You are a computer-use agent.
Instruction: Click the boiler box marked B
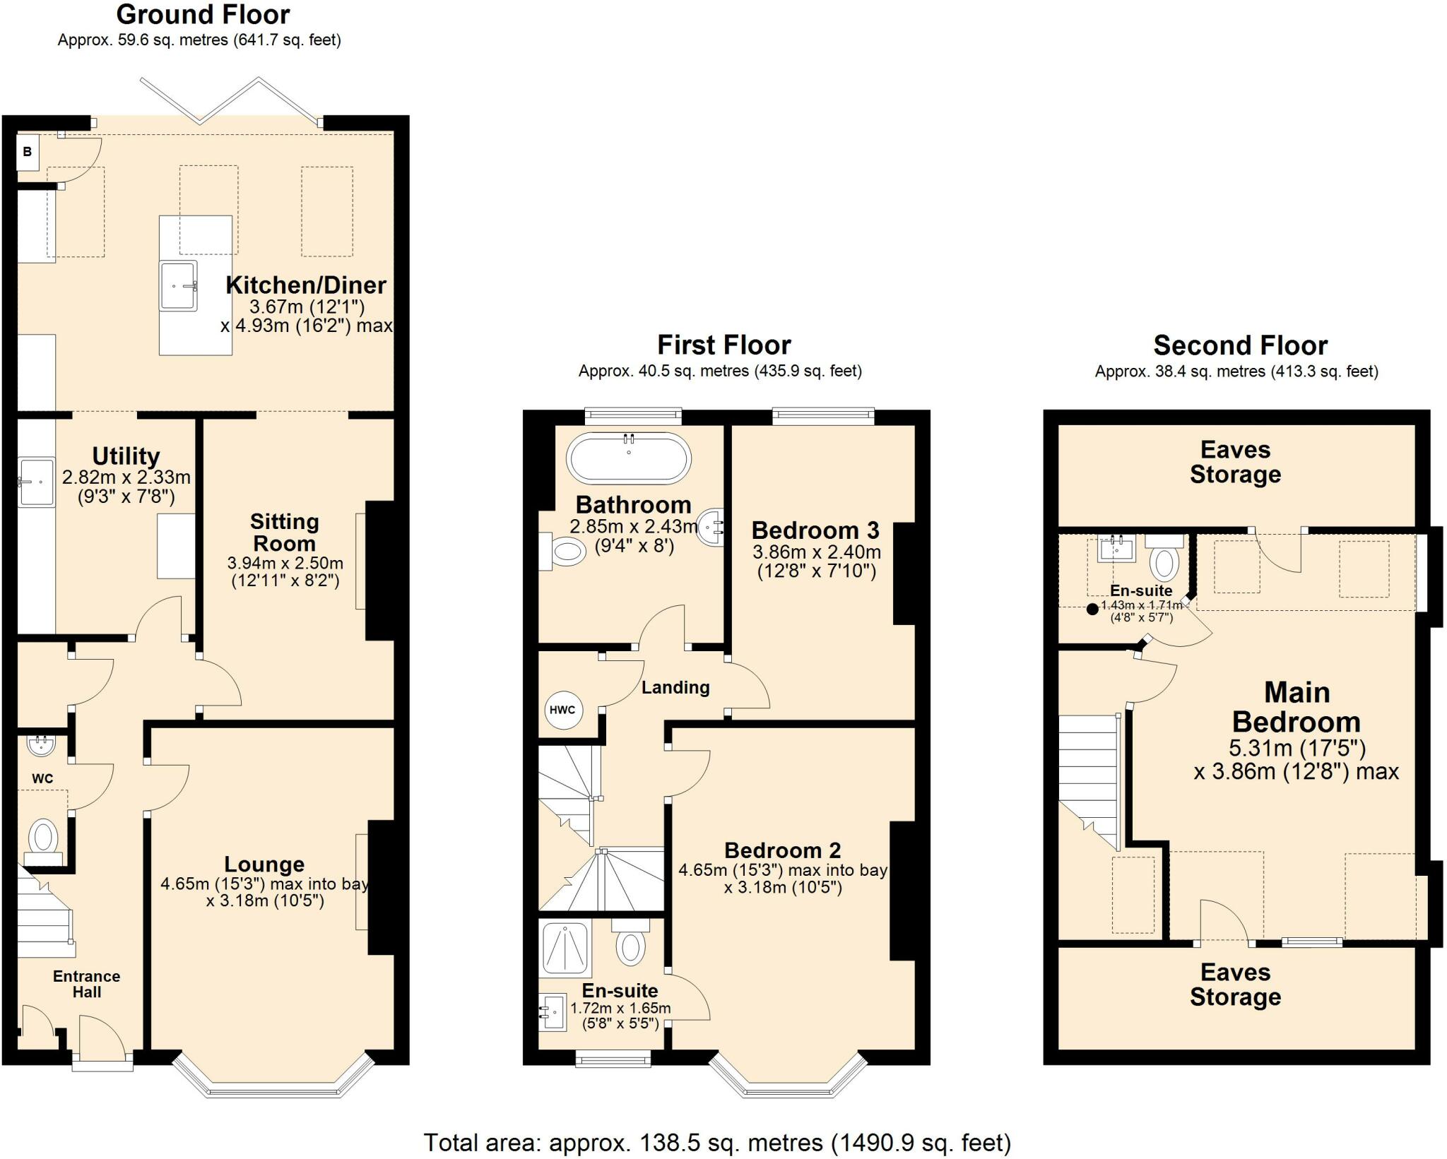coord(28,152)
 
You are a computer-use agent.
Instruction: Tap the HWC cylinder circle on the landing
coord(563,710)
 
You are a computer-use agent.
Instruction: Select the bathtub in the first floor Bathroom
coord(629,458)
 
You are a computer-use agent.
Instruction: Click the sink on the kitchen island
coord(178,285)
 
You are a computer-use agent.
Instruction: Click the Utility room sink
coord(37,482)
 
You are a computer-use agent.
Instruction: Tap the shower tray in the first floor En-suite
coord(565,949)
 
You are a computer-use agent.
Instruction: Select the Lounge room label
coord(264,864)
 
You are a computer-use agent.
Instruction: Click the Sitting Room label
coord(285,533)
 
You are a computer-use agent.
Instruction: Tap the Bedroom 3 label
coord(815,530)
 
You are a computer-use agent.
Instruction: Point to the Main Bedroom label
coord(1297,707)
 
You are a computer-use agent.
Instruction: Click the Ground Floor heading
coord(203,14)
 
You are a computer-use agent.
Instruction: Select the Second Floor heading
coord(1241,345)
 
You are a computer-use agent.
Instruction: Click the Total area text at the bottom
coord(717,1142)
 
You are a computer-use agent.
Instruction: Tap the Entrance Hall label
coord(86,984)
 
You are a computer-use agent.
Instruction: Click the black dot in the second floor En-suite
coord(1092,609)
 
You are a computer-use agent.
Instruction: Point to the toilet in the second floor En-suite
coord(1164,558)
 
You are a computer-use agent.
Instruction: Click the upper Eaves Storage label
coord(1235,462)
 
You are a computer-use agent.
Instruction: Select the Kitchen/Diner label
coord(306,285)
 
